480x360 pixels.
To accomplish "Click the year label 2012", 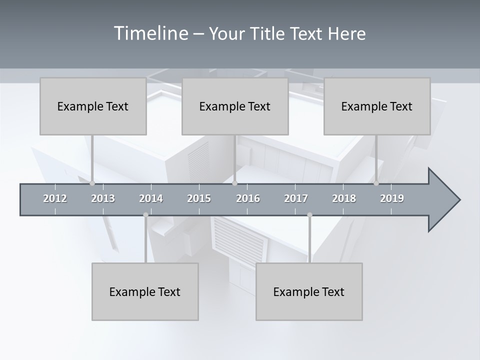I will tap(55, 198).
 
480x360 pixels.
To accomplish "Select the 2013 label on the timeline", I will tap(103, 198).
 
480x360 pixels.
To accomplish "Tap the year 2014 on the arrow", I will tap(151, 198).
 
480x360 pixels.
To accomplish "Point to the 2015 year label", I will tap(199, 198).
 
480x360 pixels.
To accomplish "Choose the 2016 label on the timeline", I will tap(248, 198).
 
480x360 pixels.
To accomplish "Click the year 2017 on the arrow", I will tap(296, 198).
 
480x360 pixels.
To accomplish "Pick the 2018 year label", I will tap(344, 198).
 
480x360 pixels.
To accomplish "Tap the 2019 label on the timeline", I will tap(392, 198).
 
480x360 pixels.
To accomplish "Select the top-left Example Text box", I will tap(93, 106).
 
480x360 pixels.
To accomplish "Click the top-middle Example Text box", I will tap(235, 106).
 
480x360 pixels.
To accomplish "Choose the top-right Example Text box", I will tap(377, 106).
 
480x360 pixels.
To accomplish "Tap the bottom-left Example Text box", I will tap(145, 291).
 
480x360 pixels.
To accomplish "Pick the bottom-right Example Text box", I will tap(309, 291).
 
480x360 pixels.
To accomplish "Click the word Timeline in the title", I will tap(150, 33).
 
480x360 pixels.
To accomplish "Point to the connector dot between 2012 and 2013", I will tap(92, 183).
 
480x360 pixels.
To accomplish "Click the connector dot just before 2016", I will tap(234, 183).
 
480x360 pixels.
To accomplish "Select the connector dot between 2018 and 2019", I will tap(376, 183).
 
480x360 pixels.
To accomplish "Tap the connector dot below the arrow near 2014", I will tap(145, 215).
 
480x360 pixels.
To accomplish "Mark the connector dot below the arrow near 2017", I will tap(309, 215).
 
